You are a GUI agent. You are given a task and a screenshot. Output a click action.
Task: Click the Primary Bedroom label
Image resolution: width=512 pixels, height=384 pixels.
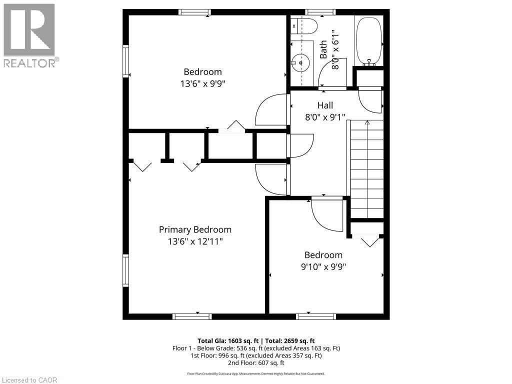(x=195, y=229)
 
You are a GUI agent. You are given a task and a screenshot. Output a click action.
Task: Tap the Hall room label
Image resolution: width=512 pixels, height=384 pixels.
(x=325, y=105)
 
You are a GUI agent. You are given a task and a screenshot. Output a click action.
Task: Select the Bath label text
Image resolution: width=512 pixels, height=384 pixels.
(x=323, y=49)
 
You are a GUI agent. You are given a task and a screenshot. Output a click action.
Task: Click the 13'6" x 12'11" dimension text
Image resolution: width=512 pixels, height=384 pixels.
(x=195, y=241)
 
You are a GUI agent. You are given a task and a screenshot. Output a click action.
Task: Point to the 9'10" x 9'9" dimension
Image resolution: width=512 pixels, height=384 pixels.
(x=323, y=266)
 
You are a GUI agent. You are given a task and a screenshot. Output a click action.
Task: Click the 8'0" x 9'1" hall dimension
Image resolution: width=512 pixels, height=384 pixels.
(x=325, y=118)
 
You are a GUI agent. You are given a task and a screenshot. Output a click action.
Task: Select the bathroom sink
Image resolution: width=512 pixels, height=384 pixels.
(x=300, y=62)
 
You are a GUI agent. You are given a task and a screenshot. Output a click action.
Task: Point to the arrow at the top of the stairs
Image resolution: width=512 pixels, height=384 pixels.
(x=367, y=122)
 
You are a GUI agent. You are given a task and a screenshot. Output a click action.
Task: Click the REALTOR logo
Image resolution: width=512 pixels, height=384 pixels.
(x=29, y=35)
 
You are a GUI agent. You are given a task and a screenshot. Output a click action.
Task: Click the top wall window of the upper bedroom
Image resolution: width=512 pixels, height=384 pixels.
(x=194, y=12)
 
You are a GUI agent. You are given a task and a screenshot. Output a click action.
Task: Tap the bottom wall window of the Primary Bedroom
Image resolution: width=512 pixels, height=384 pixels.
(x=192, y=316)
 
